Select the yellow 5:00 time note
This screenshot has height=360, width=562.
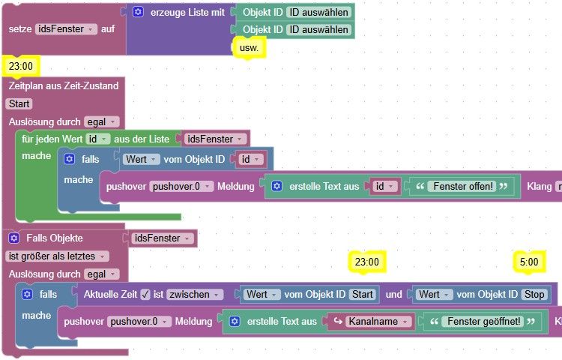[x=528, y=262]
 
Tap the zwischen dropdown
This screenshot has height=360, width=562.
[x=192, y=295]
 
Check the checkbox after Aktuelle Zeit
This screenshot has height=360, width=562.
[x=145, y=295]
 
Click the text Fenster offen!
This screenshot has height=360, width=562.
[x=466, y=186]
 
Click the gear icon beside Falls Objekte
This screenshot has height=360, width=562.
[x=13, y=238]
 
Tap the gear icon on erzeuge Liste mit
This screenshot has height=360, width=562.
[x=138, y=12]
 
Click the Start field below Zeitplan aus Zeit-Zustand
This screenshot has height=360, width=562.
[x=18, y=103]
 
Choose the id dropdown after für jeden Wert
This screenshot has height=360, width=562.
[x=97, y=139]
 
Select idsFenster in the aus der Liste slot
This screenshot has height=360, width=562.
[x=214, y=139]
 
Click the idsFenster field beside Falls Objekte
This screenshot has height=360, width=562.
[x=161, y=238]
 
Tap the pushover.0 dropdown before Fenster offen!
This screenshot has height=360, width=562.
[x=181, y=186]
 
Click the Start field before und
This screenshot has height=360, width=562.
[x=363, y=295]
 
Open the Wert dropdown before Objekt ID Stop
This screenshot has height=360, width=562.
[x=434, y=295]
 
